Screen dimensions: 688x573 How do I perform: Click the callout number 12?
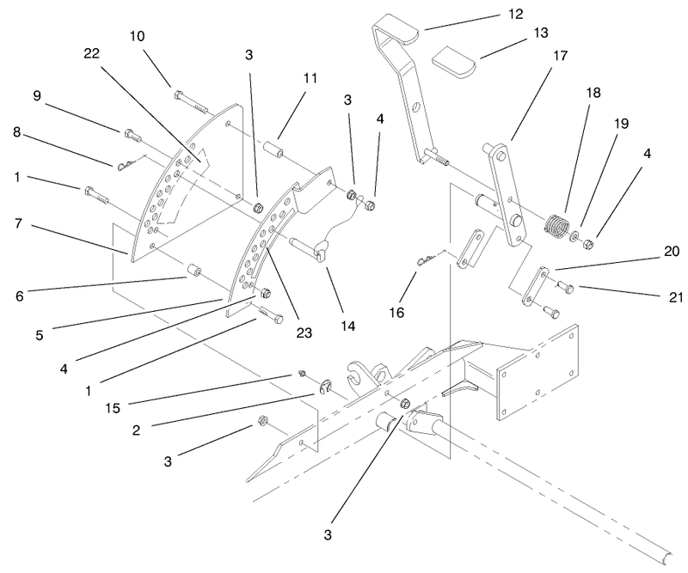(x=515, y=14)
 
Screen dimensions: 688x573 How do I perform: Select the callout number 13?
(x=541, y=33)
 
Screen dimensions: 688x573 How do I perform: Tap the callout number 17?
(x=560, y=56)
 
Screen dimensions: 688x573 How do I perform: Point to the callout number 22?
(x=92, y=53)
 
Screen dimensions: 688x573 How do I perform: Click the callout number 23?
(x=304, y=332)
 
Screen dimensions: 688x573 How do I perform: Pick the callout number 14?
(x=347, y=326)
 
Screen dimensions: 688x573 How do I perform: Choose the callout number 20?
(x=672, y=251)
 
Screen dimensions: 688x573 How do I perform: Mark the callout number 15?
(x=113, y=408)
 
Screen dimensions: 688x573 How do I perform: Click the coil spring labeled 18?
(x=556, y=228)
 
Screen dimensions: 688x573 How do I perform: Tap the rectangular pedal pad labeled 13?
(x=454, y=62)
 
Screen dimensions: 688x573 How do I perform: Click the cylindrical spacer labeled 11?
(x=273, y=147)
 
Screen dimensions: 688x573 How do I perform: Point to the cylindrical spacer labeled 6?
(x=193, y=271)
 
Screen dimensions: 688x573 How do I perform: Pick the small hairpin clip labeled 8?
(x=132, y=163)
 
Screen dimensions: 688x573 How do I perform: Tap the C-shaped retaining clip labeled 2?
(x=325, y=387)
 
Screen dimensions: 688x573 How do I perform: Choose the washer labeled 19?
(x=574, y=238)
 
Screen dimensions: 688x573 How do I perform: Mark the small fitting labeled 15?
(x=301, y=374)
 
